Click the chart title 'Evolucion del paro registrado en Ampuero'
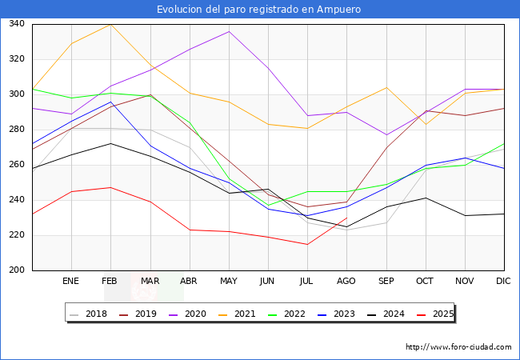click(x=259, y=10)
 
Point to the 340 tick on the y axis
click(x=17, y=24)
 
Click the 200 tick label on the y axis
click(x=17, y=270)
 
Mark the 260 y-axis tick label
click(x=17, y=165)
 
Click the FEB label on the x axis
click(x=110, y=281)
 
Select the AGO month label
click(x=346, y=281)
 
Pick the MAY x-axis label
click(x=229, y=281)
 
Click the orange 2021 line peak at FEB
click(x=110, y=24)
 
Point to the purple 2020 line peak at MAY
click(x=229, y=31)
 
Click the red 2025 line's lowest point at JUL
click(x=307, y=244)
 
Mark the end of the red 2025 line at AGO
click(x=346, y=218)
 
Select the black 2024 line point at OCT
click(x=426, y=198)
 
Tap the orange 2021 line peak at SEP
click(x=386, y=87)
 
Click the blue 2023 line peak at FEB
click(x=110, y=102)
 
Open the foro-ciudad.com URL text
click(x=458, y=347)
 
